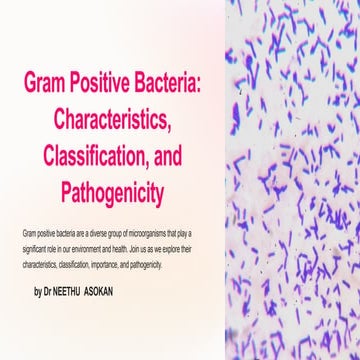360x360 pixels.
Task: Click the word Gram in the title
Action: click(x=44, y=79)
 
